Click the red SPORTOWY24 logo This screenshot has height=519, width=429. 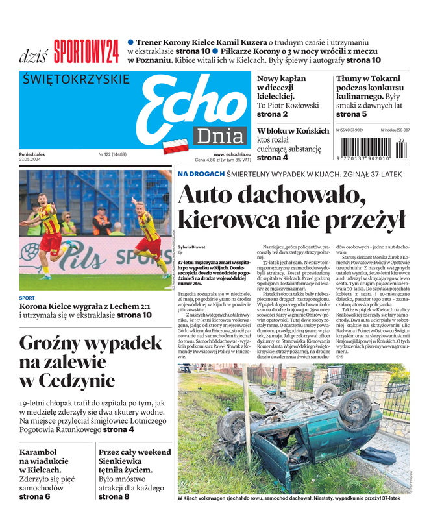click(86, 51)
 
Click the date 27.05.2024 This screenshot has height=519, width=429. click(31, 160)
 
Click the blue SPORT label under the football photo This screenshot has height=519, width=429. click(27, 298)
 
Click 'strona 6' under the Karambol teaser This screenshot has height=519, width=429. click(34, 496)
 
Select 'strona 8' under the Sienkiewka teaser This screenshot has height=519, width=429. click(114, 496)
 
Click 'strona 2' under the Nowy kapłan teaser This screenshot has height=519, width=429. click(273, 114)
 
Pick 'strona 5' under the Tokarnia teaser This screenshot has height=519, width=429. click(351, 114)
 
